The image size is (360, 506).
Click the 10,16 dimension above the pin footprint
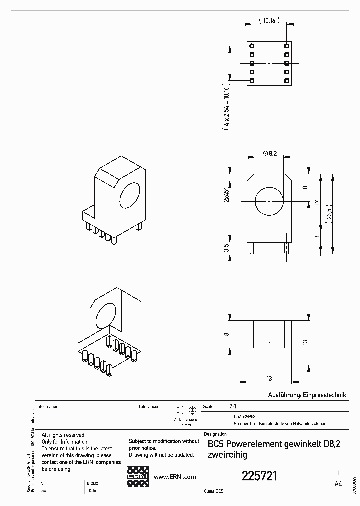(269, 21)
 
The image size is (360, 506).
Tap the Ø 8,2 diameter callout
(270, 154)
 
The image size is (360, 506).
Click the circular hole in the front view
(269, 201)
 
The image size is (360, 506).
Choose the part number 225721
(259, 476)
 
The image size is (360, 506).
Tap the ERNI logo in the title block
(138, 477)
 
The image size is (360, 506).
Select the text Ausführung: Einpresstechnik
(307, 395)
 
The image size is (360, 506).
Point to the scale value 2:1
(233, 407)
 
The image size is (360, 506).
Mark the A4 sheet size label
(338, 484)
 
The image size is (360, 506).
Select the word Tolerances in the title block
(149, 407)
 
